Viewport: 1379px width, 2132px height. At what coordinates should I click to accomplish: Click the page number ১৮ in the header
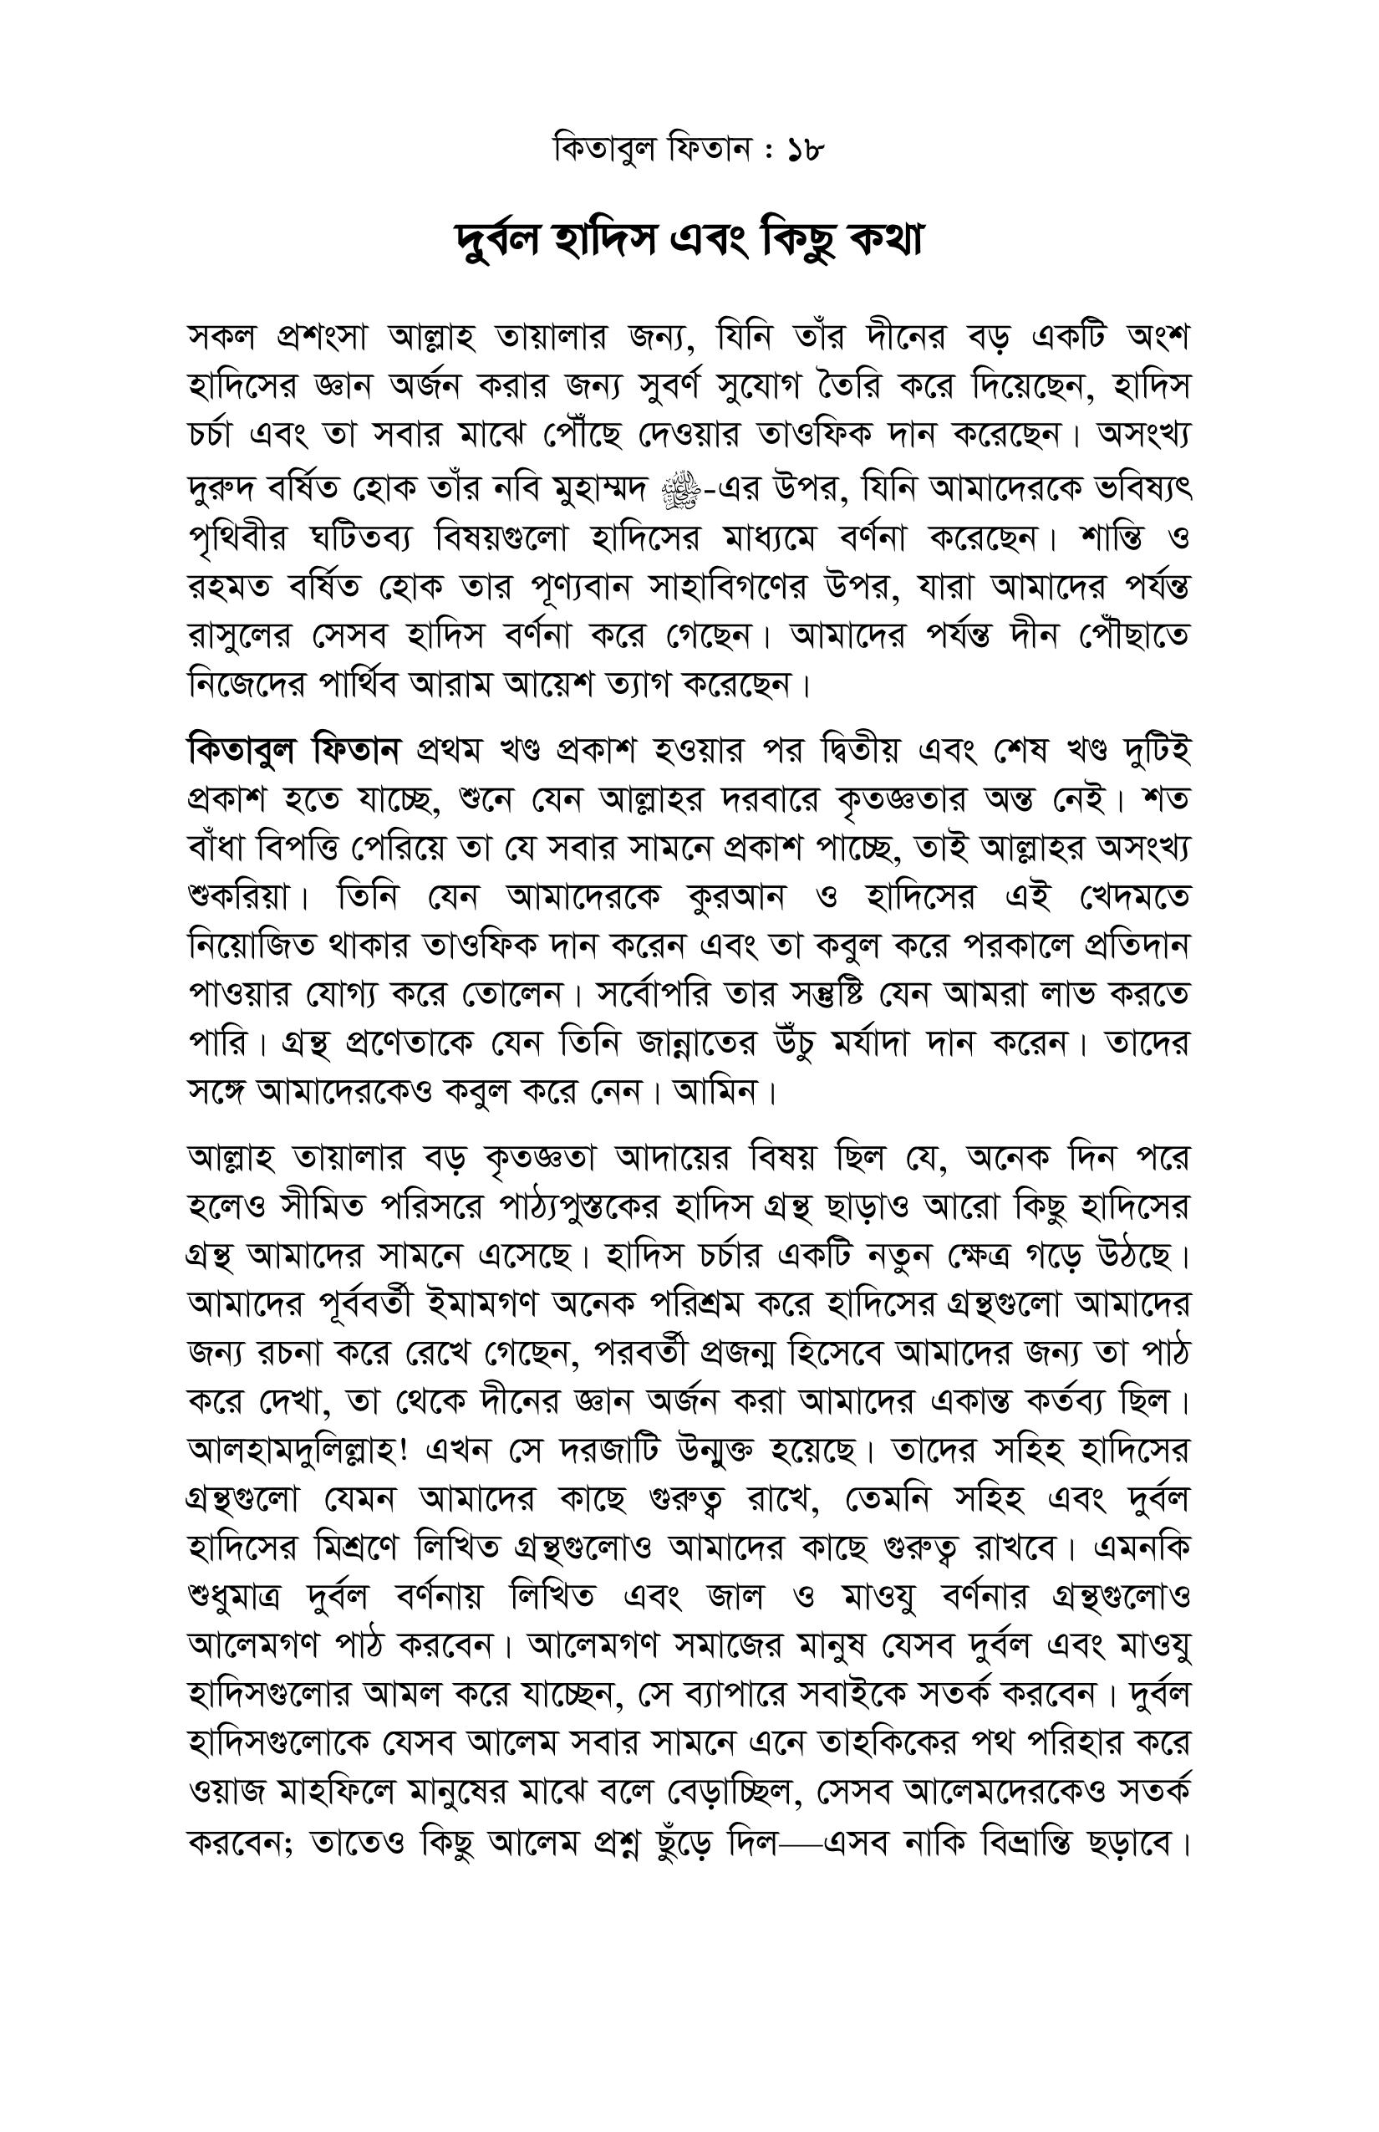coord(805,150)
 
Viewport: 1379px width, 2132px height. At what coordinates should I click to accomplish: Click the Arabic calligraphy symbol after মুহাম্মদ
coord(680,490)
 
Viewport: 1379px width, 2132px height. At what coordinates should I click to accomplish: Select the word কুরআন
coord(736,895)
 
